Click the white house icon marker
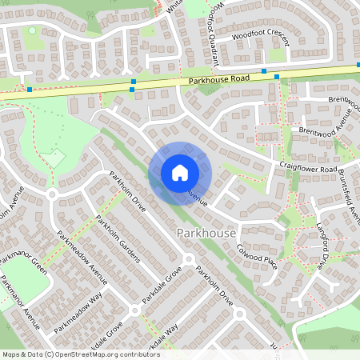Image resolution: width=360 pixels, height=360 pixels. tap(179, 172)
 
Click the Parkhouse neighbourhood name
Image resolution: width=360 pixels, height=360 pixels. tap(205, 232)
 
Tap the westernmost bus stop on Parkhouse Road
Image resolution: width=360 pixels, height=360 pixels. tap(30, 90)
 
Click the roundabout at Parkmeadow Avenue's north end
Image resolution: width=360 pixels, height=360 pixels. tap(53, 194)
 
